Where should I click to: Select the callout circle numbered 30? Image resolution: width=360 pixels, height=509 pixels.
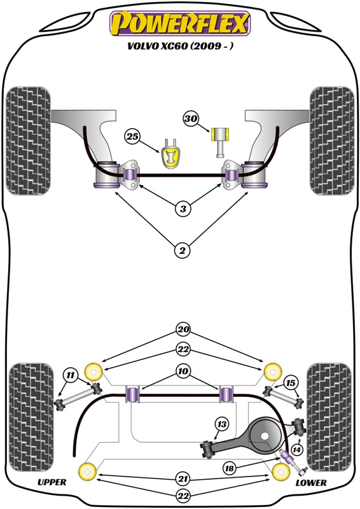tap(191, 118)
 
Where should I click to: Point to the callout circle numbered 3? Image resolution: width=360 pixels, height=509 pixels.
tap(183, 209)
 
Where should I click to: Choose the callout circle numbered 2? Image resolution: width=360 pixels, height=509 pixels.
tap(183, 251)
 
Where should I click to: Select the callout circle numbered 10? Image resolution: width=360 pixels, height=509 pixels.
tap(183, 371)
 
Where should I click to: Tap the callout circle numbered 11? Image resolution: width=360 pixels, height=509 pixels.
tap(71, 376)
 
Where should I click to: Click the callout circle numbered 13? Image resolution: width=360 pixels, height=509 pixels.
tap(221, 424)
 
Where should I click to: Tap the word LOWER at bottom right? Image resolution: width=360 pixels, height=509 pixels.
tap(311, 484)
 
